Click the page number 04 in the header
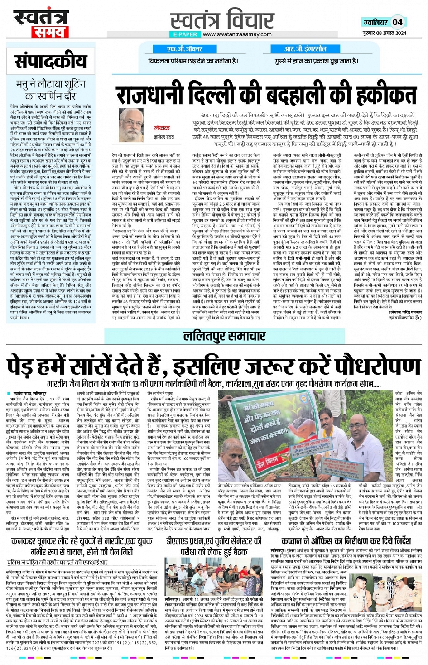tap(397, 22)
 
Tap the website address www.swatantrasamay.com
tap(237, 34)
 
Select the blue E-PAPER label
tap(185, 34)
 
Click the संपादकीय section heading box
tap(50, 61)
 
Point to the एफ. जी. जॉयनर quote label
tap(185, 49)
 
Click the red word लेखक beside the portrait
tap(162, 128)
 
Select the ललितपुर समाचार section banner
tap(224, 336)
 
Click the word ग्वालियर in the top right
tap(375, 22)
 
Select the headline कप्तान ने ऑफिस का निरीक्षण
tap(346, 541)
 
